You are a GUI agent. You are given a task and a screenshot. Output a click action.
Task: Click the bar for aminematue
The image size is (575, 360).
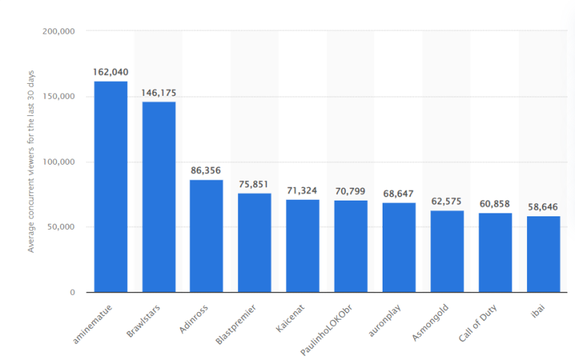(110, 187)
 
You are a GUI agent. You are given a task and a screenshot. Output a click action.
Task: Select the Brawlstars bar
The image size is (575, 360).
(159, 198)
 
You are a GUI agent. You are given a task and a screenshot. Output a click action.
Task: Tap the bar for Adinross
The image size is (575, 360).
(206, 236)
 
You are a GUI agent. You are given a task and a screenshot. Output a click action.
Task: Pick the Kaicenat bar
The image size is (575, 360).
(302, 246)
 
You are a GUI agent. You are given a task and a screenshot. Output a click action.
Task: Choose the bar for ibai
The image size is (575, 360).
(543, 254)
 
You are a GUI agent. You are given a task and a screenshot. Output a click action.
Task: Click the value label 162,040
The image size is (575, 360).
(110, 72)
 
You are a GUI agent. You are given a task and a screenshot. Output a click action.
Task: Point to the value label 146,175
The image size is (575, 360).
(159, 93)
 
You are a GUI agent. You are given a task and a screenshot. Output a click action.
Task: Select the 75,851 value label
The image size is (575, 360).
(255, 184)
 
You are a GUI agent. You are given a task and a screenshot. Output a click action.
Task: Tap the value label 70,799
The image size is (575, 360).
(350, 192)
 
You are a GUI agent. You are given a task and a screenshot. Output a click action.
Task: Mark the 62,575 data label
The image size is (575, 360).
(447, 201)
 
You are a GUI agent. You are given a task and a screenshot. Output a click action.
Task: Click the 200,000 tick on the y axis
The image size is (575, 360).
(59, 32)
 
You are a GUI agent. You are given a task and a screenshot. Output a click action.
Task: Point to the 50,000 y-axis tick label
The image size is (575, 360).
(61, 228)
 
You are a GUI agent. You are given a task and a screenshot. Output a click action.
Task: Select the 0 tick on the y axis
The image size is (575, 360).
(72, 293)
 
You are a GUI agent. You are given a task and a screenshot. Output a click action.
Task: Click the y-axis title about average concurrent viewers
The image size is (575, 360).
(31, 162)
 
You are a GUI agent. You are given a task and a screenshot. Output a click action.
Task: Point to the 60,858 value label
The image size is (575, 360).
(495, 204)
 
